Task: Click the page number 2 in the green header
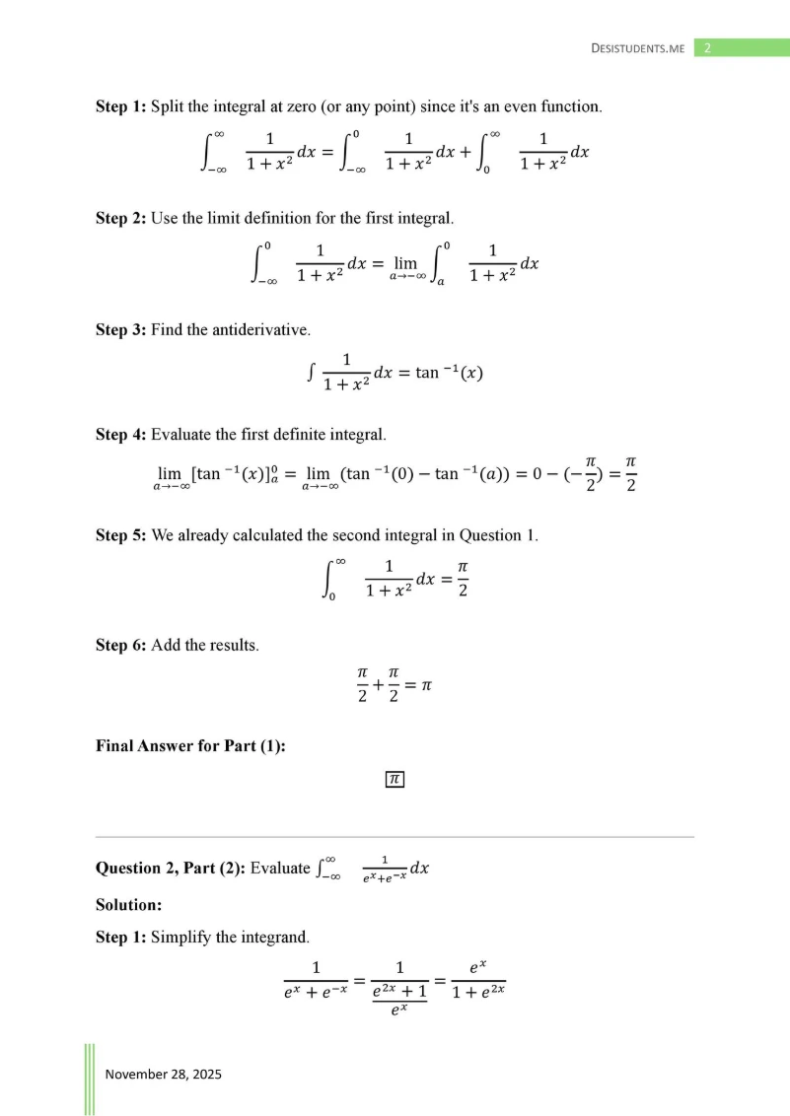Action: (x=707, y=47)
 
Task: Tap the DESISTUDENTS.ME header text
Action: (x=637, y=48)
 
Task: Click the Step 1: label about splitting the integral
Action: (x=120, y=105)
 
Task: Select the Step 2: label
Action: (x=120, y=217)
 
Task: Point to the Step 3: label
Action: (x=120, y=329)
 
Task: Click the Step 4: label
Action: (x=120, y=434)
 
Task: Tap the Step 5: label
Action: (x=120, y=535)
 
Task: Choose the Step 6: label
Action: (x=120, y=645)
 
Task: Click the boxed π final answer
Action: (x=395, y=780)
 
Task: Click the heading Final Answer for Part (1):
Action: (x=190, y=745)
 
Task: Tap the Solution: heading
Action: (x=128, y=904)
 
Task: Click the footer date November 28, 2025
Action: (x=164, y=1074)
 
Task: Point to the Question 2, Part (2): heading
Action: (x=170, y=869)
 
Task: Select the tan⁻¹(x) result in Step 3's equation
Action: (x=449, y=374)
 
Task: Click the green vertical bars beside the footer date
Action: (x=89, y=1079)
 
